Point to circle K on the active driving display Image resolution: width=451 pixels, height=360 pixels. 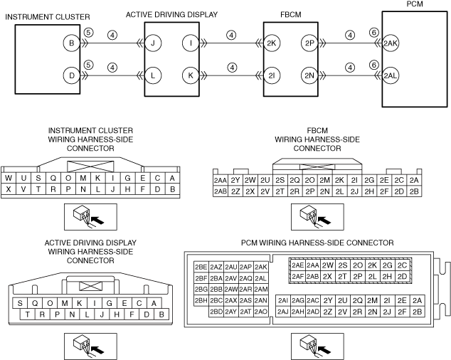click(x=191, y=75)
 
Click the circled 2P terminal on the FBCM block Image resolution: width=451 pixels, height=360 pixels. click(x=308, y=43)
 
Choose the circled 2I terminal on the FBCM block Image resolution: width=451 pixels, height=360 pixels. click(x=271, y=75)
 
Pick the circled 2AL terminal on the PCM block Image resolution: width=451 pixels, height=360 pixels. click(x=391, y=75)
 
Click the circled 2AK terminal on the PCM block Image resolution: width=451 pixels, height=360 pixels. click(x=391, y=43)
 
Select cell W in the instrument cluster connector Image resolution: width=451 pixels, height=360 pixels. click(x=9, y=178)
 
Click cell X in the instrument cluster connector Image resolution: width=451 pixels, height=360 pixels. click(x=9, y=189)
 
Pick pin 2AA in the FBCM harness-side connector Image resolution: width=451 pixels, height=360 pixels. click(x=220, y=181)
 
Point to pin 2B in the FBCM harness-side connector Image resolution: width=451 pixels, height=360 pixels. click(x=415, y=191)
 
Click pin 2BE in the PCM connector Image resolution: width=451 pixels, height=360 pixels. click(x=201, y=266)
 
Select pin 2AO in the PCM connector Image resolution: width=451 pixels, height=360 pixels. click(x=261, y=311)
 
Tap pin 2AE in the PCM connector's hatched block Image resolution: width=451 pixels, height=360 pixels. click(x=298, y=265)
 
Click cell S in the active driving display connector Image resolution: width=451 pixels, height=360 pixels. click(x=17, y=302)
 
